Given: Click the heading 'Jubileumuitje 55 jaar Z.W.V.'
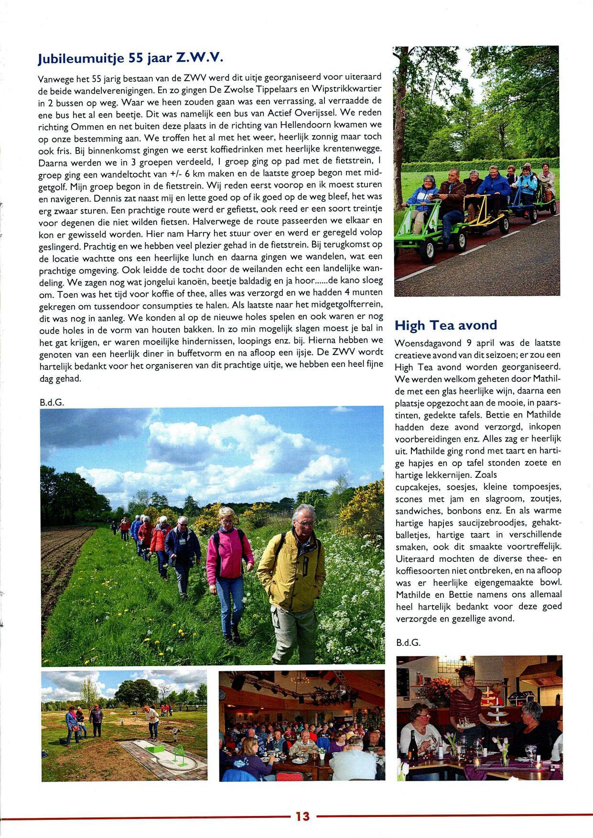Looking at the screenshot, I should (x=130, y=58).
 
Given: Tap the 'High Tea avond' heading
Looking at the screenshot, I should (x=445, y=325).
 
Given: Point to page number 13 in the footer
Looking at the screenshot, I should (x=302, y=816).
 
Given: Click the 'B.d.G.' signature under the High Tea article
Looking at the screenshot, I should (x=408, y=643).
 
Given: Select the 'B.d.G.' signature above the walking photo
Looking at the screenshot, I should (x=52, y=402).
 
